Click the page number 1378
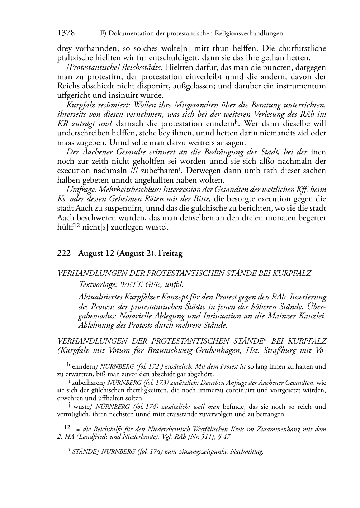tap(66, 33)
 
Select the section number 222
tap(64, 254)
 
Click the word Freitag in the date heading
tap(171, 254)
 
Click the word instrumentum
tap(302, 86)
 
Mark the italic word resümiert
tap(112, 105)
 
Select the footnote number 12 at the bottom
tap(67, 427)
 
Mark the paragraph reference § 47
tap(226, 437)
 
